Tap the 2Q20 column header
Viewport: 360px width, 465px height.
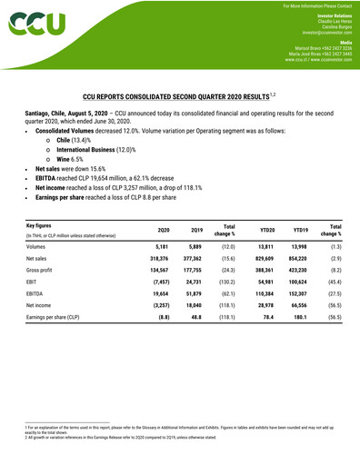[x=164, y=230]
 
